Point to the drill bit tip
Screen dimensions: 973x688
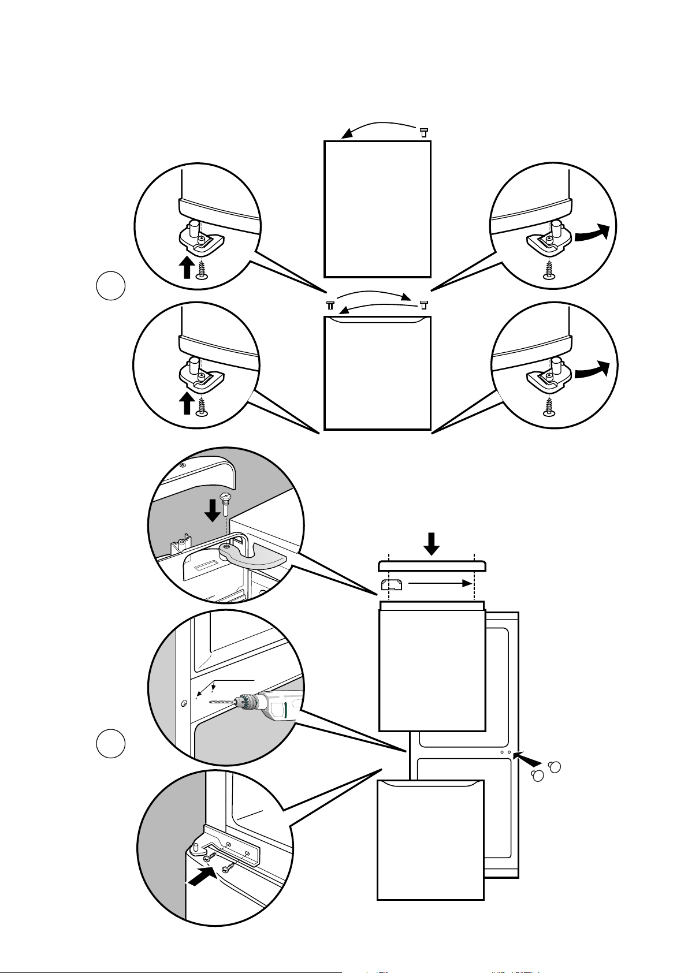click(x=210, y=703)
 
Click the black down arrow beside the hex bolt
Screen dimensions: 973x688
click(x=213, y=509)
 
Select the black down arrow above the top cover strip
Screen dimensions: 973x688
click(x=432, y=542)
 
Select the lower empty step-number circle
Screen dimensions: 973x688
click(x=110, y=743)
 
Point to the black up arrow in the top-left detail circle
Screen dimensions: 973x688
click(x=186, y=267)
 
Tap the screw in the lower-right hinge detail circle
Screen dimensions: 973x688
click(x=549, y=405)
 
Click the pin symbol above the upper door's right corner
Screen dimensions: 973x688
click(x=423, y=132)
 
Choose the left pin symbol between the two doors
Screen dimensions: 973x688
click(x=330, y=304)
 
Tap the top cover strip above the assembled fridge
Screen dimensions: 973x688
click(x=432, y=566)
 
